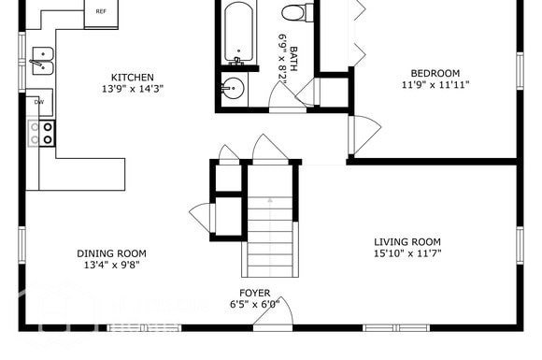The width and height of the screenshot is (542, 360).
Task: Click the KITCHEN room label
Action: point(133,78)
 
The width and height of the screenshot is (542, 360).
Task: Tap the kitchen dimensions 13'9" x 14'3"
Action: point(133,90)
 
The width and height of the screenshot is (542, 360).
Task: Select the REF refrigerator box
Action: point(100,13)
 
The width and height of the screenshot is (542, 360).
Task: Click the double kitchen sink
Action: point(41,61)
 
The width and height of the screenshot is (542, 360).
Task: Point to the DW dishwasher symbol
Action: point(39,101)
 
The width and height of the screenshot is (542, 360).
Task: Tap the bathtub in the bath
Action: point(238,33)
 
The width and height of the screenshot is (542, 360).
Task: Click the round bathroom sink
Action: point(233,90)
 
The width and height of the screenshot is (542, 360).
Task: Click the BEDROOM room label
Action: point(435,73)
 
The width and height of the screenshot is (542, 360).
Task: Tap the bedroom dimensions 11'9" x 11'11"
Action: point(435,85)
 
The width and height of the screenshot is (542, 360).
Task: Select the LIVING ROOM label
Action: point(407,241)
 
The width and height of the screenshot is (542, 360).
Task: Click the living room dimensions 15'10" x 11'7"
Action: point(407,253)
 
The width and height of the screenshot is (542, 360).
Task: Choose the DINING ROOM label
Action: point(111,253)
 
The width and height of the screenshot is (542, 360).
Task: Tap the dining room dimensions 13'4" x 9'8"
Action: point(111,266)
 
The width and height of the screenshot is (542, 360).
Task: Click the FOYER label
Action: point(255,293)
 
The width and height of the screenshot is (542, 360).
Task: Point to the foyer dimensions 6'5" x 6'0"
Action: point(255,305)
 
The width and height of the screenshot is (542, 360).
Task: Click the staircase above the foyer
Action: point(270,229)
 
